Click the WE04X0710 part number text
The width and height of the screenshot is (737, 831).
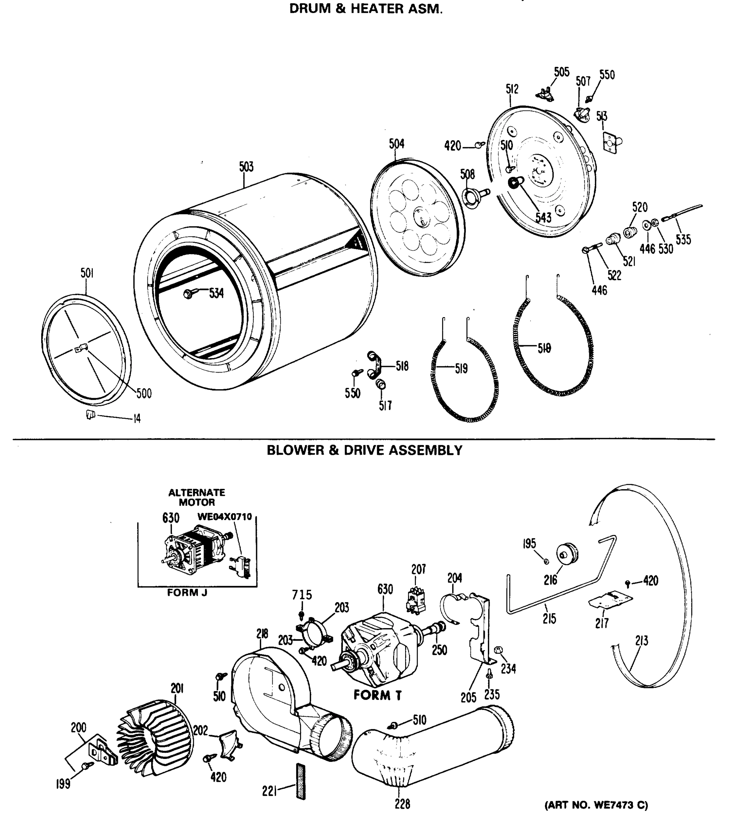(x=224, y=517)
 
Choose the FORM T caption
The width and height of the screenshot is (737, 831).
(x=377, y=696)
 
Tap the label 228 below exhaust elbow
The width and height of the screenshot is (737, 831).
(x=402, y=804)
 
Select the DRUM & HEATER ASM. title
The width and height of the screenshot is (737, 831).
(x=366, y=9)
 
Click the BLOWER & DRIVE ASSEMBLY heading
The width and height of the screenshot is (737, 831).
(x=364, y=450)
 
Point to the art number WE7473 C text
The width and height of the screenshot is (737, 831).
(x=596, y=805)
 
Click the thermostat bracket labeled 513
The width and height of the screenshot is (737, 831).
(x=611, y=142)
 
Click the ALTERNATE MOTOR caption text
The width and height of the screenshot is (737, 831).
(x=197, y=497)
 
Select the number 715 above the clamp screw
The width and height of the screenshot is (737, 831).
(x=302, y=595)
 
